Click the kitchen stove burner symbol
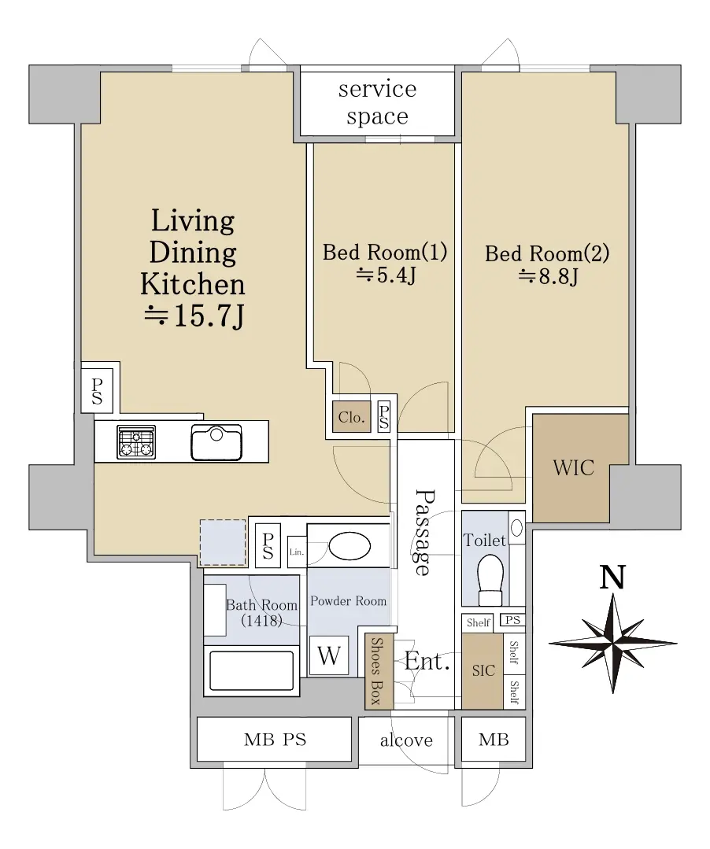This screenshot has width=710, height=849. point(136,442)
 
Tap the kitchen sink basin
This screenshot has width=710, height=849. point(216,442)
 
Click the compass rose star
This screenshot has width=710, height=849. point(613,644)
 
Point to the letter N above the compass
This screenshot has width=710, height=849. point(612,577)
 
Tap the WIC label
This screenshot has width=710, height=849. point(574,468)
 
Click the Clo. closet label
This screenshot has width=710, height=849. point(352,417)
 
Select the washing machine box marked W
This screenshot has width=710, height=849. point(329,655)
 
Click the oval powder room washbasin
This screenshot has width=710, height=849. point(349,546)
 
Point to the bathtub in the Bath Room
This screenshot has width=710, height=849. point(252,670)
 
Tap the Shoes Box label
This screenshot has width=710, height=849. point(375,670)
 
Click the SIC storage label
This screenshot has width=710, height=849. point(483,671)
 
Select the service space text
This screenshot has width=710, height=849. point(378,102)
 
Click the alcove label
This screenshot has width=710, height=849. point(406,740)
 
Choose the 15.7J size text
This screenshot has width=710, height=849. point(194,316)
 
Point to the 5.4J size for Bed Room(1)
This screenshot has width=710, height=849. point(386,275)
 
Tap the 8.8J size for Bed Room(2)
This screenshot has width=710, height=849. point(549,277)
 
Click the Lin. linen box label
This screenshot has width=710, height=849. point(296,552)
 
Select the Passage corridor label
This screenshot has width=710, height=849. point(425,532)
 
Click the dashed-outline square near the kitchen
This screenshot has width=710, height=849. point(223,543)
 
